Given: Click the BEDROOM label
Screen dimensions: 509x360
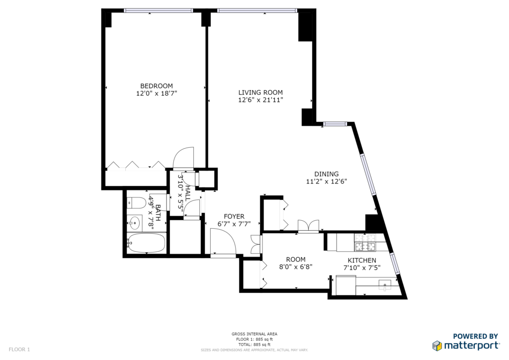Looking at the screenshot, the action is coord(157,86).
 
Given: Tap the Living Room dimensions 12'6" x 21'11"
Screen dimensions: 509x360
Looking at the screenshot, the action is coord(260,100).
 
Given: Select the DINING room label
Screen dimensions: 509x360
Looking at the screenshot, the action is coord(327,174).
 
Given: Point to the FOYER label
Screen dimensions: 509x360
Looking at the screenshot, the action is coord(234,216).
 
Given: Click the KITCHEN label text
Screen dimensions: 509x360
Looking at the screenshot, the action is coord(362,261).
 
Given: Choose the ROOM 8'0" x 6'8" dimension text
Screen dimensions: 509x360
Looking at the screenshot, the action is coord(296,267).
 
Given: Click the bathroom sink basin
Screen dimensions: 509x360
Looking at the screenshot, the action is coord(134,223).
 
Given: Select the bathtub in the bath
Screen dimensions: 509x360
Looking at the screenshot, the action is coord(147,243).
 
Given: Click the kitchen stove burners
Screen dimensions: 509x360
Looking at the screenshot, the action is coord(365,243).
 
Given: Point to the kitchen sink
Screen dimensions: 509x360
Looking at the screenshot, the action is coord(385,284).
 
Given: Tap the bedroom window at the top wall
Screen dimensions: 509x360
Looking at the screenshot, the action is coord(159,11).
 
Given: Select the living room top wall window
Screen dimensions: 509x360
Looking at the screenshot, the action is coord(257,11).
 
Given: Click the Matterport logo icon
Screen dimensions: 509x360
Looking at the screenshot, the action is coord(437,346).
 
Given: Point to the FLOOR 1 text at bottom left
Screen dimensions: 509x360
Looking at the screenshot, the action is coord(19,350).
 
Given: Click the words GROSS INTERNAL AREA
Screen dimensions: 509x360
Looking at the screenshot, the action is coord(254,334).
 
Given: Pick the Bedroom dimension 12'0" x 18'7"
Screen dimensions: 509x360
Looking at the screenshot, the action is coord(157,93).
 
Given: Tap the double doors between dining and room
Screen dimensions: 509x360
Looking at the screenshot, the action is coord(308,226).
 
